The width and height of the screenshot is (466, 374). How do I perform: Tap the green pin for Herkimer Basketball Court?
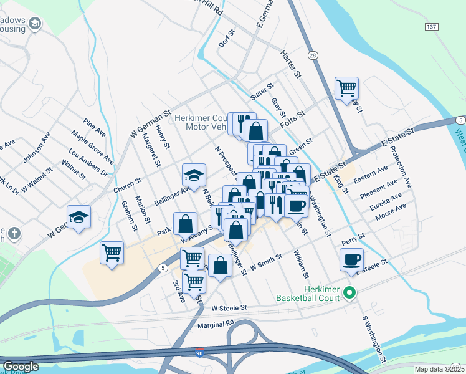(350, 292)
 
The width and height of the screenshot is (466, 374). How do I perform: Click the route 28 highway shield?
(313, 55)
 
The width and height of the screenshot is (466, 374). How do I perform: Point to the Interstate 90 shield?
(199, 352)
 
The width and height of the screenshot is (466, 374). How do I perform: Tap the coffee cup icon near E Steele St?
(351, 259)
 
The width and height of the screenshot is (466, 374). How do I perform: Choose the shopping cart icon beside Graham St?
(112, 253)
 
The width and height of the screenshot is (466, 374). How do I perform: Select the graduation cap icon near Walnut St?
(79, 216)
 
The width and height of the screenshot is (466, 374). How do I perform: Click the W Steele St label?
(229, 307)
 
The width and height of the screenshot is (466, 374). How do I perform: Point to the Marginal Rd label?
(214, 325)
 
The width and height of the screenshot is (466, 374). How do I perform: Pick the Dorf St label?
(227, 39)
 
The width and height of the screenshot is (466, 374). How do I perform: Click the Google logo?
(21, 367)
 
